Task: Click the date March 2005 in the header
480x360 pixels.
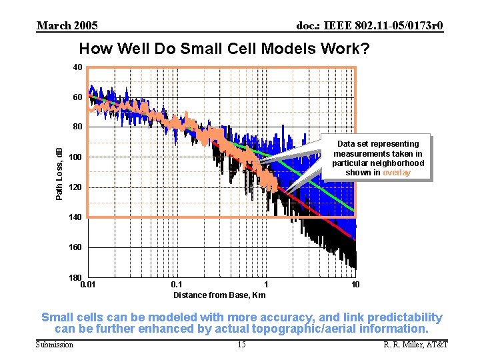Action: (67, 26)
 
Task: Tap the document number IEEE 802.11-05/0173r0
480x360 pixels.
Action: (369, 26)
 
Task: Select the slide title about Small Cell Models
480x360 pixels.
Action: (224, 49)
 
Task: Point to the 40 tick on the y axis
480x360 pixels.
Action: (78, 67)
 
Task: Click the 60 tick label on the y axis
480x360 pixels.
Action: (78, 97)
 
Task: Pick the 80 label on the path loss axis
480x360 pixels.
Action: (78, 127)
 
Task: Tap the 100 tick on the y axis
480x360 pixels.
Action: (76, 157)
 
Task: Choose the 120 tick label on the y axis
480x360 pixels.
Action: (76, 187)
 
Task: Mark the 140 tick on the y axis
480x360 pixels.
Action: (76, 217)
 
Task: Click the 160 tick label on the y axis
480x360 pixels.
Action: (76, 247)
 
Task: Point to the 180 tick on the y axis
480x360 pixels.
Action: (76, 277)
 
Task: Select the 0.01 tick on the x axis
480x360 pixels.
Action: (87, 285)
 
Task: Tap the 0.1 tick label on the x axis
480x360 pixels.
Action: (176, 285)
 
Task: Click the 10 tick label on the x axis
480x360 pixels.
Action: (355, 285)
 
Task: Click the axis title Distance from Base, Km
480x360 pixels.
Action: (219, 295)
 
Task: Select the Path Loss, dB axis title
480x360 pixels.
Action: (59, 173)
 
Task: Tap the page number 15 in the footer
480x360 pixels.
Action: (241, 344)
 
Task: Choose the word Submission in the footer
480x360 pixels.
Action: (55, 344)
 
